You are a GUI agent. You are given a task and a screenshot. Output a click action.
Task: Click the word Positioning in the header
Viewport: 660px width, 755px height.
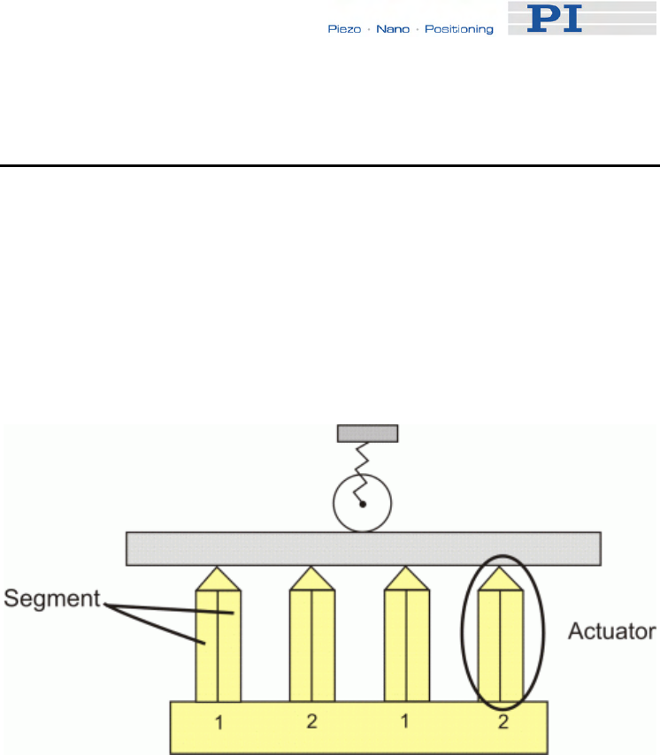click(x=458, y=29)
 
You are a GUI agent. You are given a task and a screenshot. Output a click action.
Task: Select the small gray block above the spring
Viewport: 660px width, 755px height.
click(x=367, y=433)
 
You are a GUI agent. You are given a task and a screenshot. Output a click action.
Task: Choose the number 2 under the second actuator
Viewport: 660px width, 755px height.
click(x=311, y=721)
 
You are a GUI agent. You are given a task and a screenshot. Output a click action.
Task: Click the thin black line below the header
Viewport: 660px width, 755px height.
click(x=330, y=165)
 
